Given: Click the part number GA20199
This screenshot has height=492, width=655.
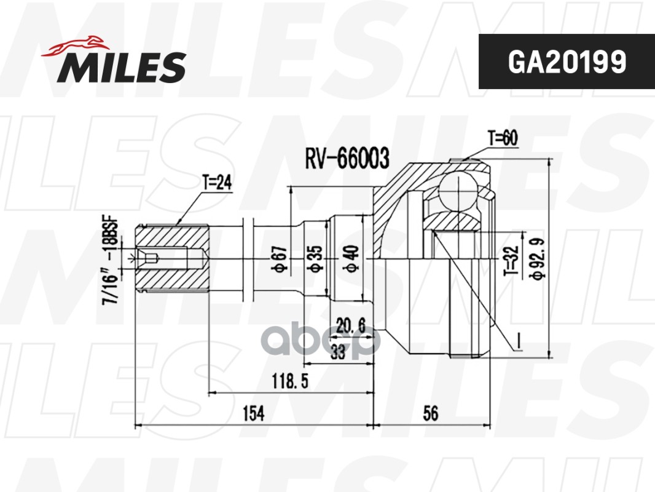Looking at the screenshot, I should pos(566,61).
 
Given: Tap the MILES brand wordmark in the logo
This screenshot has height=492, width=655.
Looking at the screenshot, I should pos(122,66).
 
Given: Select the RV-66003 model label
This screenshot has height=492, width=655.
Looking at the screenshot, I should pos(347,159).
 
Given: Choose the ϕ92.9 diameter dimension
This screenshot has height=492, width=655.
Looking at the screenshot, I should pos(539,259).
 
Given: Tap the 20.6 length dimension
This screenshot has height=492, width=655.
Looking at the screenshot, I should pos(352,326).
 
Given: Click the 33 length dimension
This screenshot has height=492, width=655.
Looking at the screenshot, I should pos(337,352).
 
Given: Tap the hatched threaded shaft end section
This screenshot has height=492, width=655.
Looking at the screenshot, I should pos(171,258).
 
